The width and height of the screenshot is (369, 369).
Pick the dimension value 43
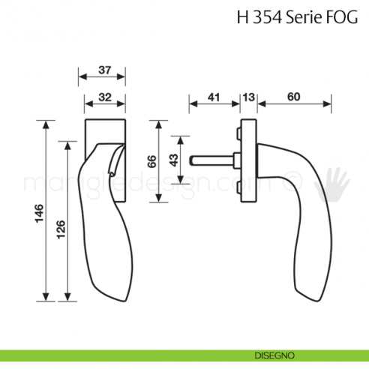(172, 160)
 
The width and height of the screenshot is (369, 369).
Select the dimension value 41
(213, 97)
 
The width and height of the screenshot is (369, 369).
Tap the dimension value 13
(249, 97)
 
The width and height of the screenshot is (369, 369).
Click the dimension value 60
(293, 97)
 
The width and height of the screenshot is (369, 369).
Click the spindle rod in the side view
(213, 159)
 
